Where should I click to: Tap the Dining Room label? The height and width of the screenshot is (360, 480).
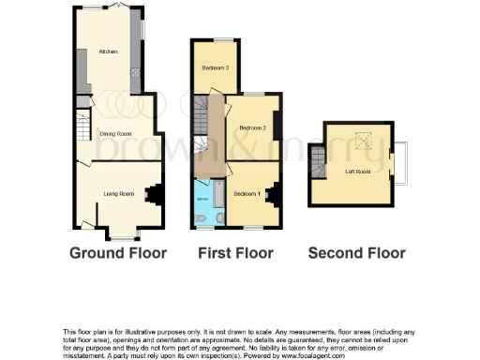tap(115, 134)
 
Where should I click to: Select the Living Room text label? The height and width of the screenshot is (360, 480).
tap(119, 193)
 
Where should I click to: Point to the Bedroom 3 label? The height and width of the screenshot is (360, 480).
tap(217, 67)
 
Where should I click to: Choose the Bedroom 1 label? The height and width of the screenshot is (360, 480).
tap(247, 193)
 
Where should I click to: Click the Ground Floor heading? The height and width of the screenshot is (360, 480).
tap(118, 253)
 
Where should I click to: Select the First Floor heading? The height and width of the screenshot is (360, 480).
tap(235, 253)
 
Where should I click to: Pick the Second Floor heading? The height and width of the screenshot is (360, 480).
tap(357, 253)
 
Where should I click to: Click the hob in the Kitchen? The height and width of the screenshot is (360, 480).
tap(136, 75)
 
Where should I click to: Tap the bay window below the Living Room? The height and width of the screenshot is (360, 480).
tap(122, 230)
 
